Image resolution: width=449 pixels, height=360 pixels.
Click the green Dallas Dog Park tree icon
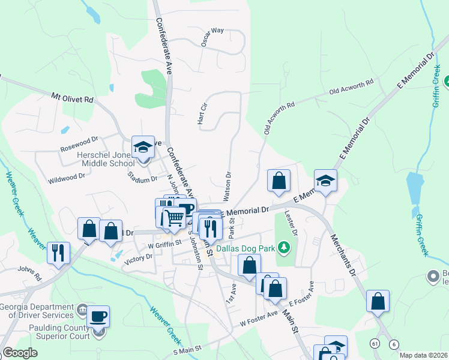tap(286, 247)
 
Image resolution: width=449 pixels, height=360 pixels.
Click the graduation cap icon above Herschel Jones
tap(143, 147)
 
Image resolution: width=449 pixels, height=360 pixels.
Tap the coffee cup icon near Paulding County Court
tap(98, 316)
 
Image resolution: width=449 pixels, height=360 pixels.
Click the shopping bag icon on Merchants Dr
tap(378, 301)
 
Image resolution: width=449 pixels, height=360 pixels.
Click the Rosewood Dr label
tap(79, 144)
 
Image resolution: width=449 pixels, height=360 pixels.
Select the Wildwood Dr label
tap(67, 178)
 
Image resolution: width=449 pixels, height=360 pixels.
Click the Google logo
tap(19, 353)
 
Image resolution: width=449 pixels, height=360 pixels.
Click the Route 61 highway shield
tap(375, 343)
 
